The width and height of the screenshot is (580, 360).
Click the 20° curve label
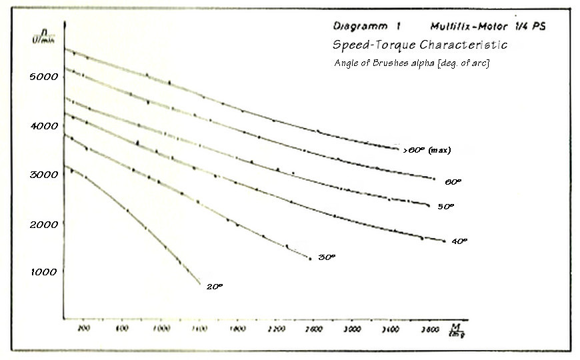(215, 286)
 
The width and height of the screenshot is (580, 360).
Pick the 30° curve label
(326, 257)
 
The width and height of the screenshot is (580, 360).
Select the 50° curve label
(445, 207)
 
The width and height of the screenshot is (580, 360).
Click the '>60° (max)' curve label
(427, 150)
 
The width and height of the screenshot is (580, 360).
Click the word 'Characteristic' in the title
(463, 45)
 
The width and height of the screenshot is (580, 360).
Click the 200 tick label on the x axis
(83, 329)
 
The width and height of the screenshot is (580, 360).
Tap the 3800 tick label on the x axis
(429, 329)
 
